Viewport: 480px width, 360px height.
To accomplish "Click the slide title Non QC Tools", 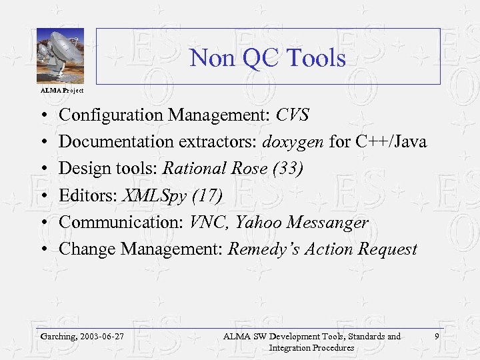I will point(267,58).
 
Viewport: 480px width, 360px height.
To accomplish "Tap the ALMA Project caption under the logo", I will point(62,90).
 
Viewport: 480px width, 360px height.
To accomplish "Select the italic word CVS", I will point(293,115).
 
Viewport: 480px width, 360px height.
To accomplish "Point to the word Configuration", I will point(111,115).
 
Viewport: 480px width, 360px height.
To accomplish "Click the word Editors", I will point(83,195).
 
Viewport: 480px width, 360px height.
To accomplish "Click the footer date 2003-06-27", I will point(102,337).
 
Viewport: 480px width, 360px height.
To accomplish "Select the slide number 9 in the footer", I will point(436,337).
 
